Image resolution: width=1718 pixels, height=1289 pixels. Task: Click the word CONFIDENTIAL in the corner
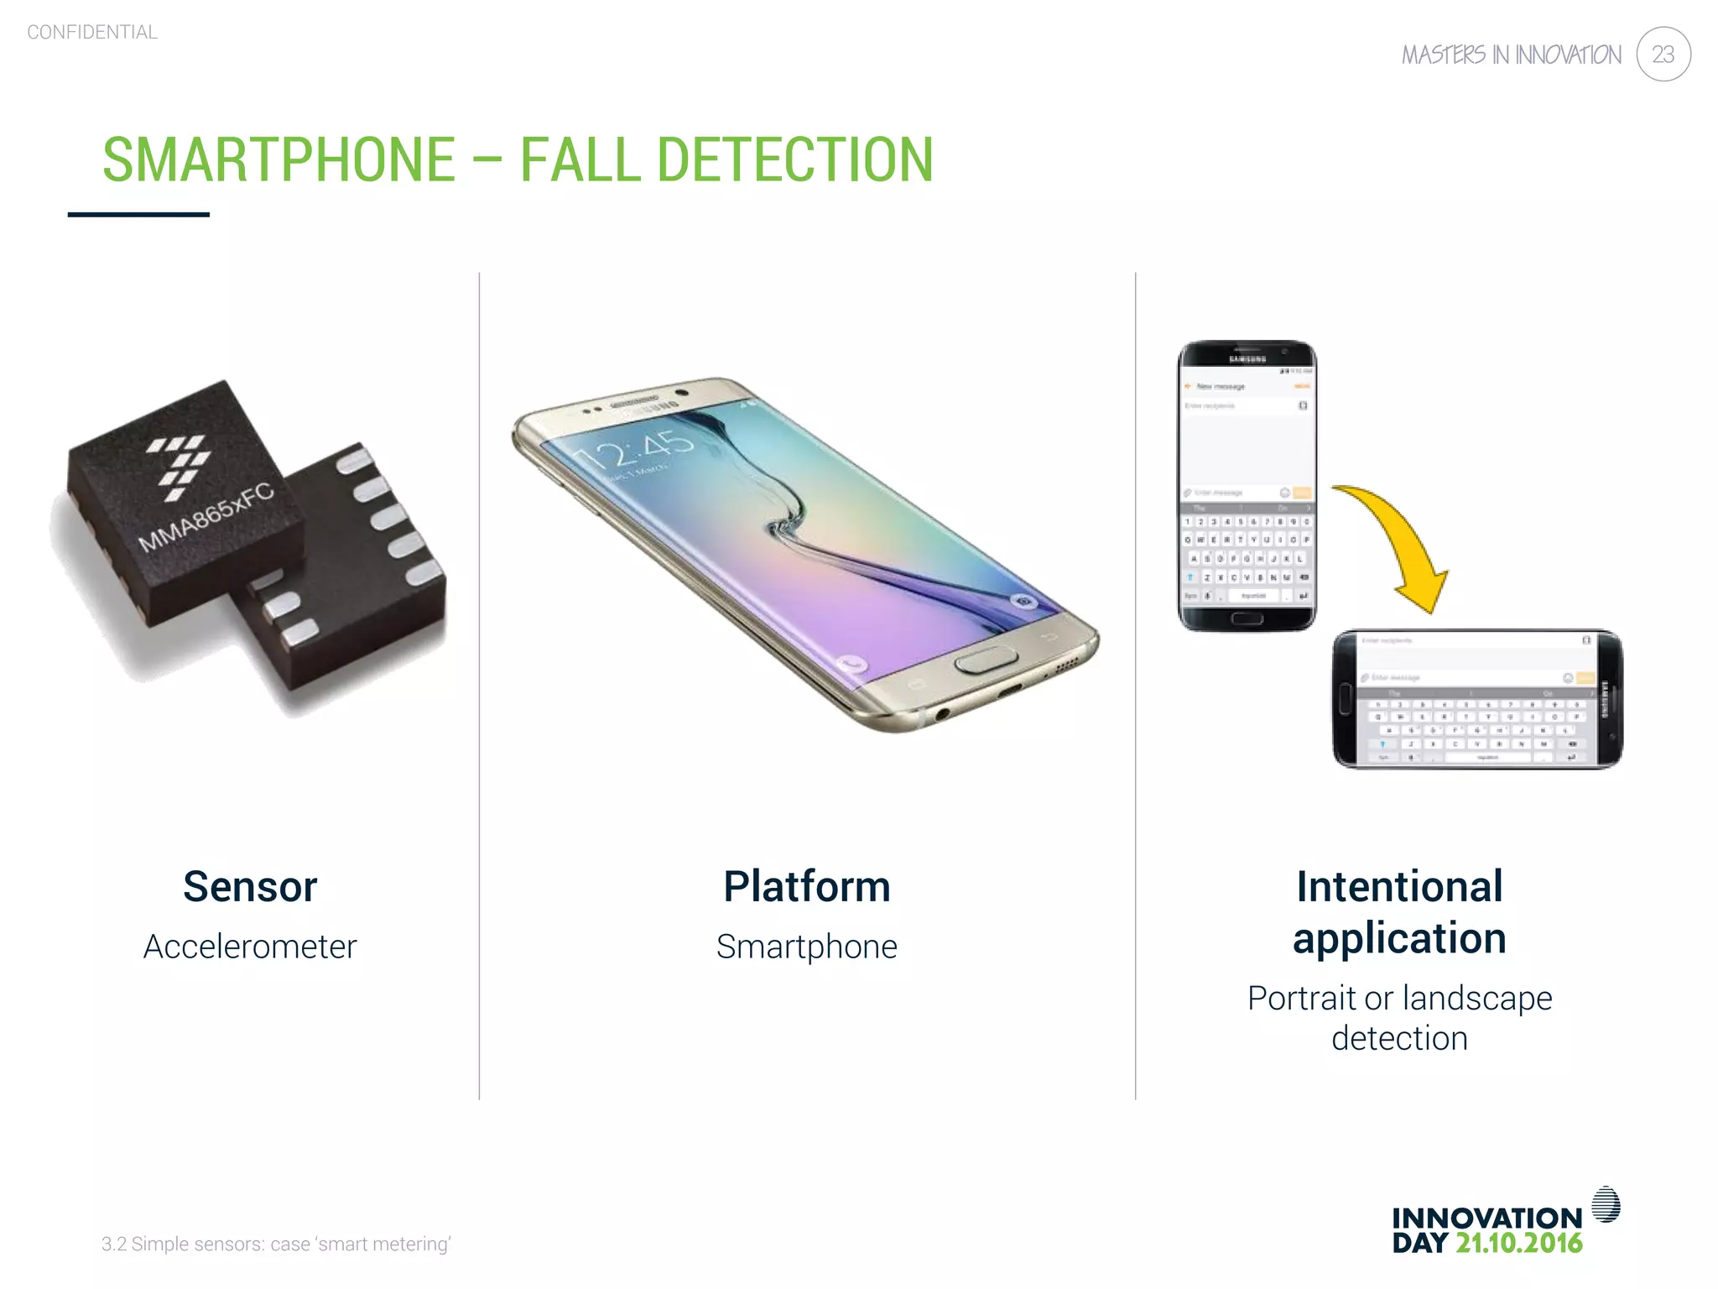(x=92, y=33)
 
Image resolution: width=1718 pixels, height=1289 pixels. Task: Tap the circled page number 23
(x=1663, y=55)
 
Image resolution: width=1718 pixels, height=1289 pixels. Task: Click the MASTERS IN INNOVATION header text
(x=1511, y=55)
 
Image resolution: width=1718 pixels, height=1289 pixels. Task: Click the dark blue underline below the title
(x=138, y=215)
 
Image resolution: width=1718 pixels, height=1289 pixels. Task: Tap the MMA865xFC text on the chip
(x=206, y=518)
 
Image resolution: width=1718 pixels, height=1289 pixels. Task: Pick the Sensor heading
(x=250, y=886)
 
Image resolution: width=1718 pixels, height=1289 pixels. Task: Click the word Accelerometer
(x=250, y=947)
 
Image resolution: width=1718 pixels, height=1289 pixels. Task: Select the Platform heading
(x=806, y=886)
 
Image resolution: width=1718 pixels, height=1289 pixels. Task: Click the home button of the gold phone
(x=986, y=660)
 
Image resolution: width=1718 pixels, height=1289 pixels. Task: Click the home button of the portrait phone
(x=1247, y=618)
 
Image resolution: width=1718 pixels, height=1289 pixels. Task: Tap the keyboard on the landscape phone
(x=1476, y=726)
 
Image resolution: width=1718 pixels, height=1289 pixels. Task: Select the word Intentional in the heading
(x=1399, y=886)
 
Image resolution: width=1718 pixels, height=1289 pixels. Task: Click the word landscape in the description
(x=1476, y=998)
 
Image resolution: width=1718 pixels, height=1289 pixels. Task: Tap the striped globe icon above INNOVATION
(x=1606, y=1204)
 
